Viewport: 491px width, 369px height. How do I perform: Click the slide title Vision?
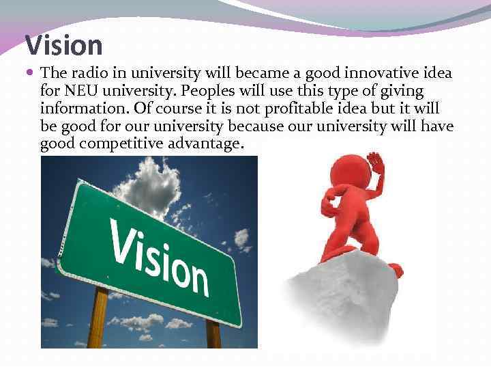click(x=64, y=46)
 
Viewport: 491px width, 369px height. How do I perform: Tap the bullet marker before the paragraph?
click(x=32, y=73)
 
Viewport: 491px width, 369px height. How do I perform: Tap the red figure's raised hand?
click(x=375, y=165)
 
